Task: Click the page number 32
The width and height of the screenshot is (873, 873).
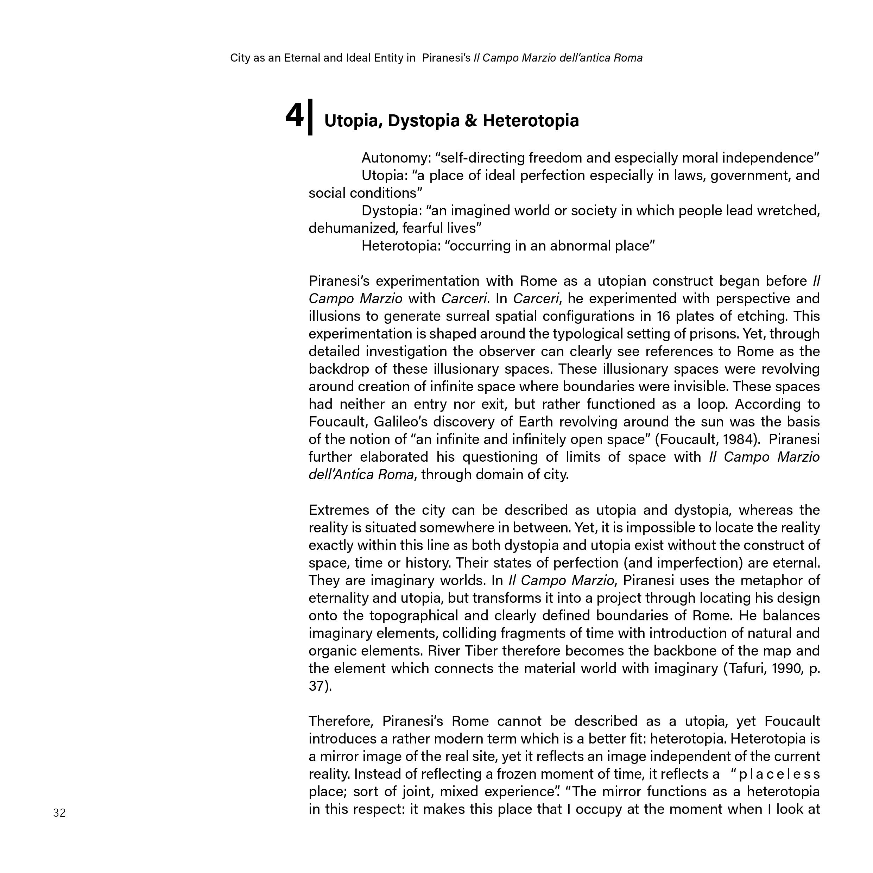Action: (x=59, y=813)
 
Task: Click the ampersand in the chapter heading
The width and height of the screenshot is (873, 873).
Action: (x=470, y=121)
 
